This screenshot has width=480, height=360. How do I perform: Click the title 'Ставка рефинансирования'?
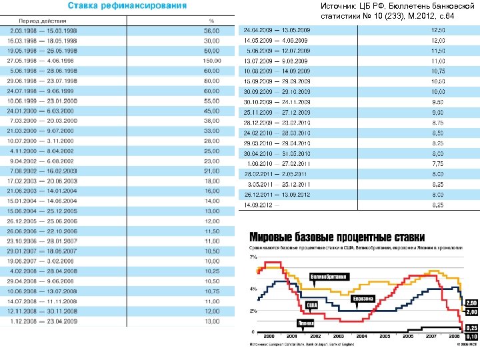139,6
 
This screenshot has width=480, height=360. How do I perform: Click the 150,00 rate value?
211,60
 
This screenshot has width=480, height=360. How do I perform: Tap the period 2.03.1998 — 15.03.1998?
43,31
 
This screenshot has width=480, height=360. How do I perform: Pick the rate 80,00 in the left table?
211,80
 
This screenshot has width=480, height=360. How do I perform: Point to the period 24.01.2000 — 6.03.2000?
43,110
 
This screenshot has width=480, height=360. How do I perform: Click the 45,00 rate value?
211,110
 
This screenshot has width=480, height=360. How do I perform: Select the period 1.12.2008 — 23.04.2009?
43,321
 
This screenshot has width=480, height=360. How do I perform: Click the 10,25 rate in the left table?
211,271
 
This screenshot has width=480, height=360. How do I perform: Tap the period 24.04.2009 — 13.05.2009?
277,31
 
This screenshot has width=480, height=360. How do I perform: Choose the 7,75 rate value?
437,163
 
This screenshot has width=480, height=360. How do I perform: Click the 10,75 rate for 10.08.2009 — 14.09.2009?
437,70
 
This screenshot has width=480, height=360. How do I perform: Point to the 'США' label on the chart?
311,305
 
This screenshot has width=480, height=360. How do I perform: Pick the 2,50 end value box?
471,303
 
